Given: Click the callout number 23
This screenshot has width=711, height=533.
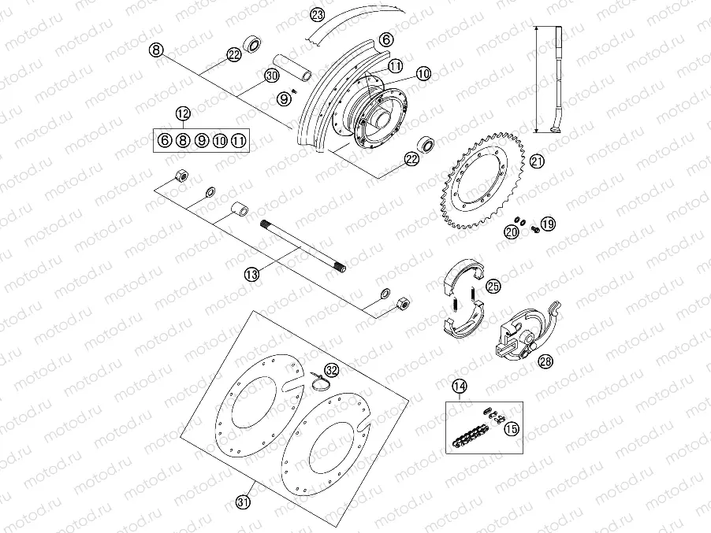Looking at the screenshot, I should tap(318, 15).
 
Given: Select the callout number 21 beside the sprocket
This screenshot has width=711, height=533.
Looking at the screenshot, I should tap(537, 161).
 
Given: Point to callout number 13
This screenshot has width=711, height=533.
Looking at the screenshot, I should tap(251, 274).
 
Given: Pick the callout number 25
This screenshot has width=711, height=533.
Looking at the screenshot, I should tap(493, 286).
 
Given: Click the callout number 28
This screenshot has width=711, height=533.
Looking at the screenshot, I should tap(545, 361).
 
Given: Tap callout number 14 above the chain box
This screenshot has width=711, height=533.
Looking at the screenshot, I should tap(460, 387).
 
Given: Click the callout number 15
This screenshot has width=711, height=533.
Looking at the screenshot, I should tap(512, 428).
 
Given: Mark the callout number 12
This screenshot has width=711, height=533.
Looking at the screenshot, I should tap(183, 112).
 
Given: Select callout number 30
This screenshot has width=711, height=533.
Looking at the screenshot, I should tap(271, 76).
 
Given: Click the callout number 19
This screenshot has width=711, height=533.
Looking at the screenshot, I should tap(548, 224).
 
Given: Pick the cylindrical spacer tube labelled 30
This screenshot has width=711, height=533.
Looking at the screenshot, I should tap(294, 67).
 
